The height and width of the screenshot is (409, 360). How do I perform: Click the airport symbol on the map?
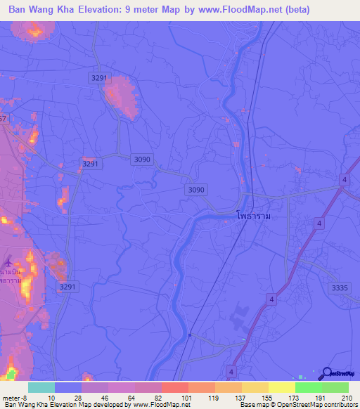8,261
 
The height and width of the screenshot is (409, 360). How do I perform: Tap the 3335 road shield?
339,287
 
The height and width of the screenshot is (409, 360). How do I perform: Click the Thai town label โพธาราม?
254,217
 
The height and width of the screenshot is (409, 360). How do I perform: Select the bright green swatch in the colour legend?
309,387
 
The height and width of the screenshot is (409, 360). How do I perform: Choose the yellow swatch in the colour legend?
282,387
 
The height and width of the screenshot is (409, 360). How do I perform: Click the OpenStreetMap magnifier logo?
326,372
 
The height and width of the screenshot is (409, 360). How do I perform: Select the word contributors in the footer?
340,405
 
